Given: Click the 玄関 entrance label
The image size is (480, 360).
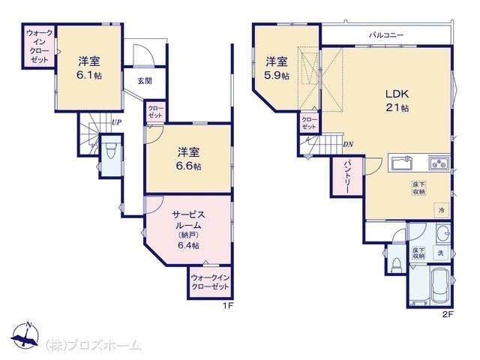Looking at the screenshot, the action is coord(145,81).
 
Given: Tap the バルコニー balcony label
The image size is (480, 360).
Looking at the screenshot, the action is coord(386,35).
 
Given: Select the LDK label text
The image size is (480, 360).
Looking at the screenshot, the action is coord(397,94).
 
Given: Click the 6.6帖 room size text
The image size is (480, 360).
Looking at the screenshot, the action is coord(188,166).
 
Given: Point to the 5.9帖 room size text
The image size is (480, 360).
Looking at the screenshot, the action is coord(277,76).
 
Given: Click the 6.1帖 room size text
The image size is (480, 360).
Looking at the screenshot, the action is coord(89,75).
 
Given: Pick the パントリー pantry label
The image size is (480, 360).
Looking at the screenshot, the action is coord(346,176).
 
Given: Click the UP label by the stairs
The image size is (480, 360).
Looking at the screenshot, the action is coord(117,122).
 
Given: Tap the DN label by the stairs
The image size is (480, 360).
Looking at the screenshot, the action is coord(348,145).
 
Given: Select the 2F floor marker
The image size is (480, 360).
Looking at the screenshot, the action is coord(447,315).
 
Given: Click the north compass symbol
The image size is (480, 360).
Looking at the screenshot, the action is coord(25,335).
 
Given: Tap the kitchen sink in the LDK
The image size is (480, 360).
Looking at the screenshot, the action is coord(402,163).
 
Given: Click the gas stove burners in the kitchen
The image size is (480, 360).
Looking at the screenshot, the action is coord(439,163).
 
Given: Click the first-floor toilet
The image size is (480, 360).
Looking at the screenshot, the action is coord(109,150).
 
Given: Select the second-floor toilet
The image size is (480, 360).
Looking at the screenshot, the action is coord(397,265).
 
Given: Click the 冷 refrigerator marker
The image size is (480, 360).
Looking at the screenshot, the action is coord(442,210).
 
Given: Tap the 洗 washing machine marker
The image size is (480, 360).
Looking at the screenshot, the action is coord(441,253).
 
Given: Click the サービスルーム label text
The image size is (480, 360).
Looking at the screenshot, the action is coord(188,220).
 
